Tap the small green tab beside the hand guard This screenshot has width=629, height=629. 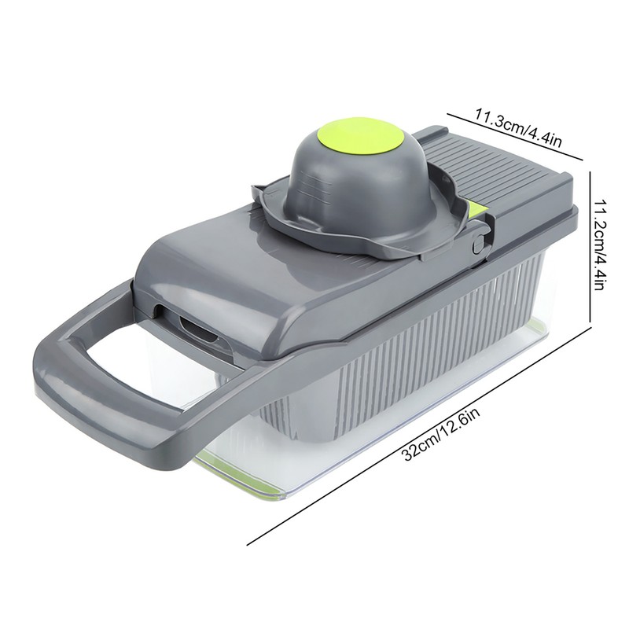[x=476, y=211]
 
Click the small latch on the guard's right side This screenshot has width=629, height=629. [x=476, y=245]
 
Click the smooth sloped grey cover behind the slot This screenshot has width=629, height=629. [x=236, y=267]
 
